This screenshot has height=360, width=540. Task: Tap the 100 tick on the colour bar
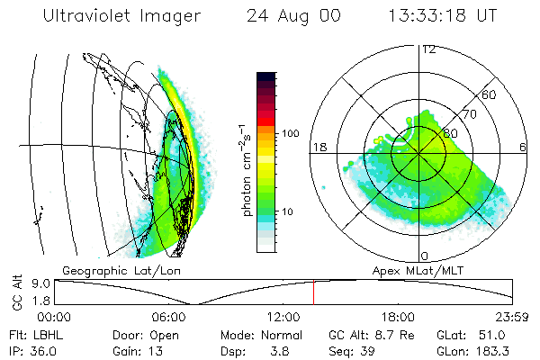click(x=290, y=133)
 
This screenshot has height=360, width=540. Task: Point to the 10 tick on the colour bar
click(x=290, y=211)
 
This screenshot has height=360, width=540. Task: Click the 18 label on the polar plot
click(x=318, y=147)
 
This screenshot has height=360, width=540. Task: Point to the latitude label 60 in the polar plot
click(x=490, y=94)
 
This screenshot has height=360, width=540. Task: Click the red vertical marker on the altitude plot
click(x=313, y=292)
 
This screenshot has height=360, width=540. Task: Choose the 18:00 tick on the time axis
click(x=399, y=316)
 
